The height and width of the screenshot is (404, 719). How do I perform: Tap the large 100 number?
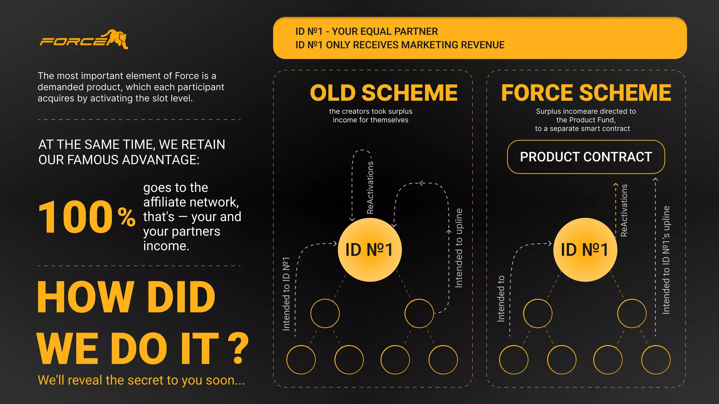tap(75, 217)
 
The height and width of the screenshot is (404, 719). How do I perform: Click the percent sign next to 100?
tap(126, 217)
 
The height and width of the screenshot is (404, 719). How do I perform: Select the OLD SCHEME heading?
tap(384, 93)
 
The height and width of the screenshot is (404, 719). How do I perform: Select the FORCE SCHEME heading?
tap(586, 93)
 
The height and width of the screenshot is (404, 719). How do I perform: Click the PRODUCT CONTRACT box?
tap(586, 157)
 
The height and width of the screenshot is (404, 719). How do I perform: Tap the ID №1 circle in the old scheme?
tap(369, 250)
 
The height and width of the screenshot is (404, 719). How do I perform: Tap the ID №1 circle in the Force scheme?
tap(585, 250)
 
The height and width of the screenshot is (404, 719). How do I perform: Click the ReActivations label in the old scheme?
tap(370, 188)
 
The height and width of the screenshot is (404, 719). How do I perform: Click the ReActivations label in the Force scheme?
tap(624, 210)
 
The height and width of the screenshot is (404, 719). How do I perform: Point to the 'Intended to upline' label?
tap(459, 248)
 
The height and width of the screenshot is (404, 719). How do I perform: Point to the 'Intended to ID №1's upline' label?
tap(666, 260)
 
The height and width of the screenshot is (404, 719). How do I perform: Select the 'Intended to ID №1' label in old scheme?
tap(286, 294)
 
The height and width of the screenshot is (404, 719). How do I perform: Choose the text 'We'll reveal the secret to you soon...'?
tap(141, 380)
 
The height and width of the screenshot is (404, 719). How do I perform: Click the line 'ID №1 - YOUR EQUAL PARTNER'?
tap(367, 32)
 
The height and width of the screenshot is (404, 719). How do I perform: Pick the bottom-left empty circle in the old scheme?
tap(301, 360)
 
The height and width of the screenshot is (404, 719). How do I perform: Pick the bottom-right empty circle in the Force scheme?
tap(656, 360)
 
